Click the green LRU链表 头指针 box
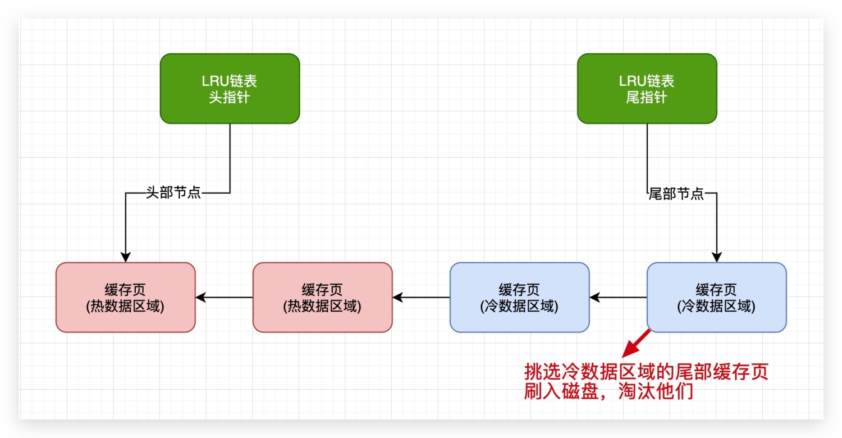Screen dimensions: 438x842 [230, 88]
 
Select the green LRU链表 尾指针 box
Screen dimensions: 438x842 [647, 88]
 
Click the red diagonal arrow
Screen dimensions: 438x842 [637, 343]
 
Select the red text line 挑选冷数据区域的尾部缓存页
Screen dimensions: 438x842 [646, 371]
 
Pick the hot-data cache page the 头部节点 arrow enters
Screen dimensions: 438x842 [126, 297]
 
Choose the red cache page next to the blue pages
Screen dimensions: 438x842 [322, 297]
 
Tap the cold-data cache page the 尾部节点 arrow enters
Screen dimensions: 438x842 [716, 297]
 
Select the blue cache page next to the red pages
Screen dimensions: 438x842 [519, 297]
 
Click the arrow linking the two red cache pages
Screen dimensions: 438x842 [224, 297]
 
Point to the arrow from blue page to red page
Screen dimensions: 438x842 [421, 297]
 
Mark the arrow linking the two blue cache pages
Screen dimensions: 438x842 [618, 297]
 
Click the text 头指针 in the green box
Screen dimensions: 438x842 [230, 97]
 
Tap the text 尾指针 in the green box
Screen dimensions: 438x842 [647, 97]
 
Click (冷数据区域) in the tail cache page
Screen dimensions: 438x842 [716, 307]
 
